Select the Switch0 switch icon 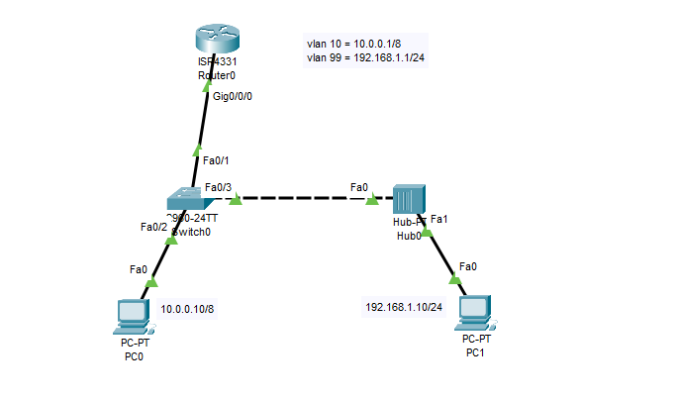click(x=186, y=198)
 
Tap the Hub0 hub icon click(x=408, y=199)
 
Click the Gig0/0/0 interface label click(x=233, y=97)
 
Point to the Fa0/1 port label click(x=216, y=159)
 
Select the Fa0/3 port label click(x=218, y=187)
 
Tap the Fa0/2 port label click(x=153, y=227)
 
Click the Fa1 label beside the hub click(x=439, y=219)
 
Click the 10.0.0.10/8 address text click(x=187, y=309)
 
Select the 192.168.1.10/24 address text click(x=405, y=306)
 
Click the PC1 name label click(x=475, y=351)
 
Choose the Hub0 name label click(x=409, y=236)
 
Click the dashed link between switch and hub click(x=302, y=199)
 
